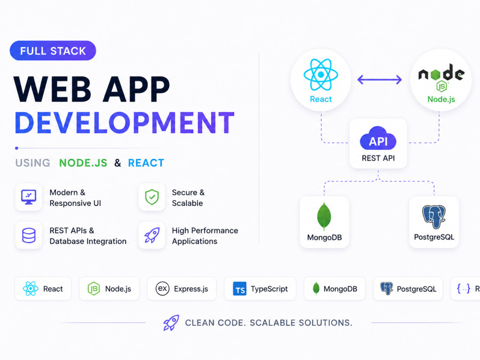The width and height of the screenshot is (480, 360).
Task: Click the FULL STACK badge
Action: point(53,50)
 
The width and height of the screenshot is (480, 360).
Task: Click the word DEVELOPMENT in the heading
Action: point(125,123)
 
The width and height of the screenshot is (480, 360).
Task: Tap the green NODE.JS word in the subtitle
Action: point(83,163)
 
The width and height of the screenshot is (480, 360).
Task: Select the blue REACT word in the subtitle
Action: point(146,163)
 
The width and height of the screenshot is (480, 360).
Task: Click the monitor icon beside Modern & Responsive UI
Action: point(29,197)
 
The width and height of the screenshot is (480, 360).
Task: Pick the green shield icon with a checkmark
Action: point(152,197)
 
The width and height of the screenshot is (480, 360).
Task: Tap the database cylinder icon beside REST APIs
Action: point(29,235)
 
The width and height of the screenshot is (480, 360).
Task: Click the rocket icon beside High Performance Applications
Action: point(152,235)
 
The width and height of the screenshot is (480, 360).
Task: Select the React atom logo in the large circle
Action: point(321,75)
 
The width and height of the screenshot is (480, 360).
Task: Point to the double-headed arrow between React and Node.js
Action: point(380,80)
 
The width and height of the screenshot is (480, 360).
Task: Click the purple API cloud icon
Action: point(378,138)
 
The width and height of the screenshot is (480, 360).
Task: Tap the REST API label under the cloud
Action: point(378,158)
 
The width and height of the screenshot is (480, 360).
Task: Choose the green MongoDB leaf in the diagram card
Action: point(324,216)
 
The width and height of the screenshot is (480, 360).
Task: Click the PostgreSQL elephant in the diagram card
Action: point(434,216)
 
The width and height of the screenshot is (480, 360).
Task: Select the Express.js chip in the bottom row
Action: point(182,288)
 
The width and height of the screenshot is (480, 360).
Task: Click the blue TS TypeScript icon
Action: point(240,288)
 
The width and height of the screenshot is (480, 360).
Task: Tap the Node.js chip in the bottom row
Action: point(109,288)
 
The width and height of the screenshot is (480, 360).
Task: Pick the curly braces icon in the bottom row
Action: point(464,288)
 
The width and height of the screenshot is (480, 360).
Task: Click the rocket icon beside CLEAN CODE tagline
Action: point(171,323)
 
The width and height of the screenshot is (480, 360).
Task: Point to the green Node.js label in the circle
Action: point(441,99)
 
